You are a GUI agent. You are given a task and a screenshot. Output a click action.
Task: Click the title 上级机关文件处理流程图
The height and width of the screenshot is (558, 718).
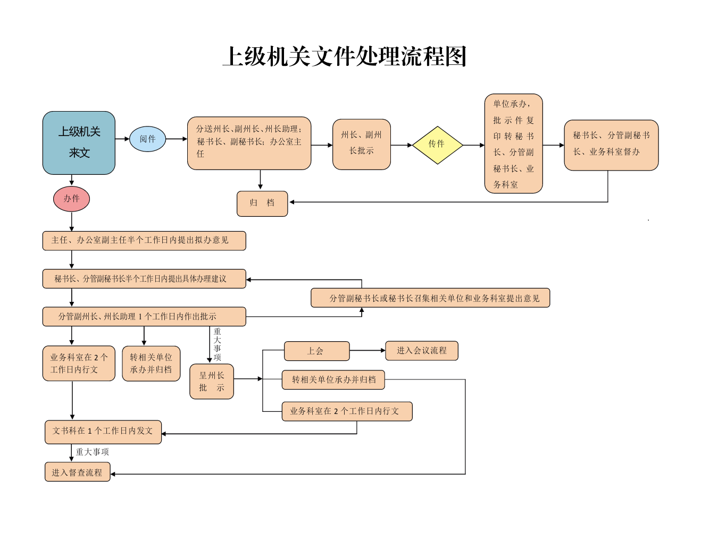(x=344, y=56)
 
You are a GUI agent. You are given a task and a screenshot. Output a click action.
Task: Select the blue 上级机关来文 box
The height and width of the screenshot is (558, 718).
(x=79, y=142)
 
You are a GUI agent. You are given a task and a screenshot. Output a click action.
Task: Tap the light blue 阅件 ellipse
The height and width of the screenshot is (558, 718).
(x=147, y=139)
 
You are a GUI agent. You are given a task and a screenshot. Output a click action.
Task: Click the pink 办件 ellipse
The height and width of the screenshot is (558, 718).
(x=71, y=199)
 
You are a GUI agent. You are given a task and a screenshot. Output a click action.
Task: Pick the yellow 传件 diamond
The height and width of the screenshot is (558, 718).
(x=438, y=145)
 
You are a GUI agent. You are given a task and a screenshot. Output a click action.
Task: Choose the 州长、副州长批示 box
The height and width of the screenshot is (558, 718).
(x=362, y=145)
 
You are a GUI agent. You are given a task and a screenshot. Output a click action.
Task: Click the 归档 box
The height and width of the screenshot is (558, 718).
(x=262, y=204)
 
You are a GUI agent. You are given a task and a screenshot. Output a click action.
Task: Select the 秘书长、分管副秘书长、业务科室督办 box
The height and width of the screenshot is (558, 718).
(x=611, y=145)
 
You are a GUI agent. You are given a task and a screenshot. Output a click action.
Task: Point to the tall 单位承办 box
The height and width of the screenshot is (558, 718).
(x=513, y=143)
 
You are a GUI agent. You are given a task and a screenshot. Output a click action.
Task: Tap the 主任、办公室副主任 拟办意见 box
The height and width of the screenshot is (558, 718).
(x=144, y=241)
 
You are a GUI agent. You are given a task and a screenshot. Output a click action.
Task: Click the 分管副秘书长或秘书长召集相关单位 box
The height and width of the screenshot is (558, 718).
(x=430, y=298)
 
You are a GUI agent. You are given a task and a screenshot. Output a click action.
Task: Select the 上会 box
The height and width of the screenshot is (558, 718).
(x=316, y=351)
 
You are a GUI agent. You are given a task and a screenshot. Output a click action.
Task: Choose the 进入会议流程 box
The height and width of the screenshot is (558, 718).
(x=422, y=351)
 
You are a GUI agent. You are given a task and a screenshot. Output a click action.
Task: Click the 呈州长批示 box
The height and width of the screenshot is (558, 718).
(x=212, y=382)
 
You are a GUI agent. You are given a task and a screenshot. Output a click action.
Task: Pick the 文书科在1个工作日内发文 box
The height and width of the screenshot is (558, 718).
(x=103, y=432)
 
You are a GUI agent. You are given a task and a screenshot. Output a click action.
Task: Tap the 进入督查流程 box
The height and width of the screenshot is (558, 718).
(x=77, y=471)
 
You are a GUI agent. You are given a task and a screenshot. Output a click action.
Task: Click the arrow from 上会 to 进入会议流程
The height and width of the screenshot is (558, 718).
(x=368, y=350)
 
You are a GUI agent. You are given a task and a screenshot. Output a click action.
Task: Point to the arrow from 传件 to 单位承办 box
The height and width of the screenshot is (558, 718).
(x=474, y=145)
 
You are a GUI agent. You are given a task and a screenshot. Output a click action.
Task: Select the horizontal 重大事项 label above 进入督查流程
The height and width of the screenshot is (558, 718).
(x=92, y=452)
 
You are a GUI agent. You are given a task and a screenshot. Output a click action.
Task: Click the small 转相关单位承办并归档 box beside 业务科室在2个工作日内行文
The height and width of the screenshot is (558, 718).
(x=151, y=363)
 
